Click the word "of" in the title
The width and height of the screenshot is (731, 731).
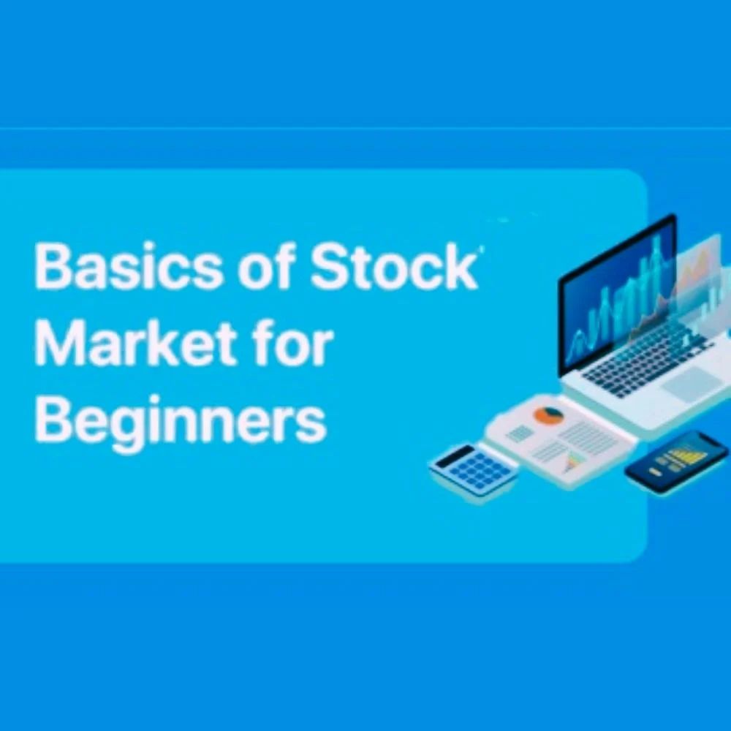pyautogui.click(x=263, y=268)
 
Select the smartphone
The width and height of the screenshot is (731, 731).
pyautogui.click(x=677, y=462)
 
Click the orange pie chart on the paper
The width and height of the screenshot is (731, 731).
pyautogui.click(x=548, y=416)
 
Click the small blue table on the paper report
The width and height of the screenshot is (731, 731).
pyautogui.click(x=520, y=433)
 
